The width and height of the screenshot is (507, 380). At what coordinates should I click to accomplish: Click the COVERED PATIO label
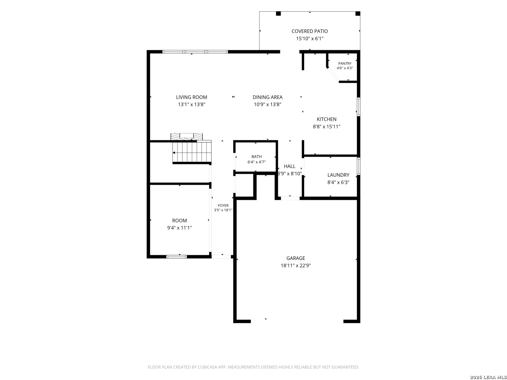click(x=309, y=31)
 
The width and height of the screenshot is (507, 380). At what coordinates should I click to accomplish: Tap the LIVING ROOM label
click(x=191, y=97)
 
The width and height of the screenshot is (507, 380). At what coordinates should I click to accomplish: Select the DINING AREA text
click(x=267, y=97)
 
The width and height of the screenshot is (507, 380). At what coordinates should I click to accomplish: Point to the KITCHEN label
click(x=326, y=119)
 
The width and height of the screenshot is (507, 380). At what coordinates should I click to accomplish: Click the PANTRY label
click(x=344, y=63)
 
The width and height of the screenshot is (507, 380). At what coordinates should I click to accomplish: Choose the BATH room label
click(x=256, y=157)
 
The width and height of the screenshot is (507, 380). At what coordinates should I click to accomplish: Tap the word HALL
click(x=289, y=166)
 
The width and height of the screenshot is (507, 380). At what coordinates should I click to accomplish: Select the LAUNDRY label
click(x=338, y=175)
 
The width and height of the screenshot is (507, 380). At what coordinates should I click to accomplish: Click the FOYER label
click(x=223, y=205)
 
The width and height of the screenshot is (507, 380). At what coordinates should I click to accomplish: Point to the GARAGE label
click(x=295, y=258)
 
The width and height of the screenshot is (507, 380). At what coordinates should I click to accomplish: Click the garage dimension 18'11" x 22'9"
click(x=295, y=265)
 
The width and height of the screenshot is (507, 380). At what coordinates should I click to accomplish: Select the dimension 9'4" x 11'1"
click(x=179, y=228)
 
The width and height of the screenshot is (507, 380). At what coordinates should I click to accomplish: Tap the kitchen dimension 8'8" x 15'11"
click(x=326, y=126)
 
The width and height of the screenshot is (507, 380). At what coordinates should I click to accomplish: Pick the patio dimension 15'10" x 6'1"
click(x=309, y=39)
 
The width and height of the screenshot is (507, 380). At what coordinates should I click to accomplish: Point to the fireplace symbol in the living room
click(x=186, y=137)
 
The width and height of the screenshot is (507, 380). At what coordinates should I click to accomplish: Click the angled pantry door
click(x=333, y=75)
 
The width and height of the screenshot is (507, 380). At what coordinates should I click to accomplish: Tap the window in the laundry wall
click(x=358, y=166)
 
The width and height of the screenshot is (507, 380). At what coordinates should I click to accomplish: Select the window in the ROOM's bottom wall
click(x=176, y=256)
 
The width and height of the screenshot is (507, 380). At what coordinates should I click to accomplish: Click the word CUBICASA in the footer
click(x=207, y=367)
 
